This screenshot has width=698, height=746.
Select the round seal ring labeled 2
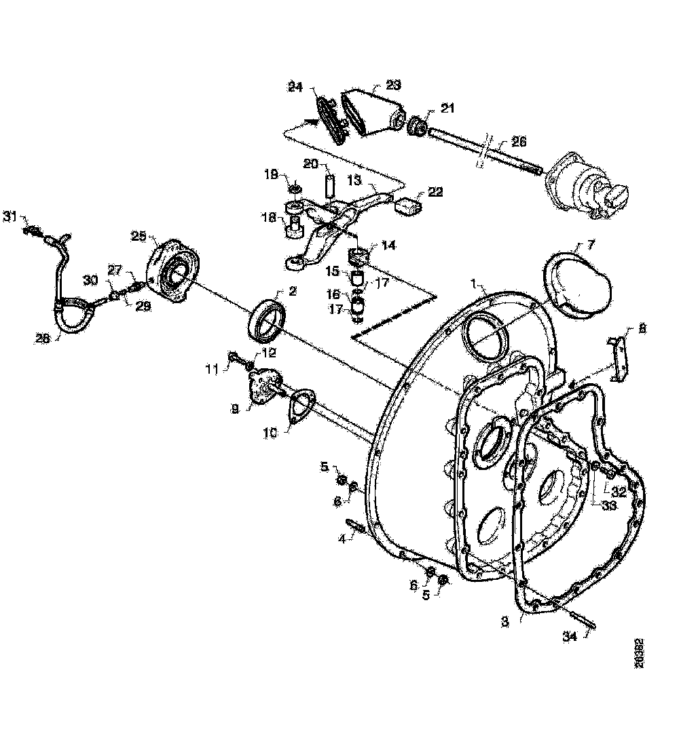[270, 319]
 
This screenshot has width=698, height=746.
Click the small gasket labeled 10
[299, 409]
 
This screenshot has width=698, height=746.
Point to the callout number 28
[43, 338]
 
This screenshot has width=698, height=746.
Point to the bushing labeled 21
[419, 125]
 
